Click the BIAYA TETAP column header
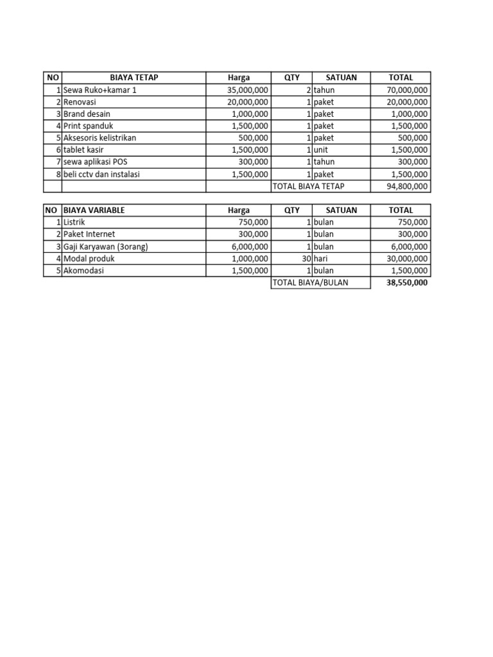click(x=134, y=78)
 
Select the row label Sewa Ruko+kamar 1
click(x=99, y=90)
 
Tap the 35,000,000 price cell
click(x=248, y=90)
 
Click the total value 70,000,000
click(x=407, y=90)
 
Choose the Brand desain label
click(x=87, y=114)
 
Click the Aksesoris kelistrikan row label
click(x=99, y=138)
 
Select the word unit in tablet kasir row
click(x=321, y=150)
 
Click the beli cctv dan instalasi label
click(x=101, y=174)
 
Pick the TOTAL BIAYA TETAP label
click(x=309, y=186)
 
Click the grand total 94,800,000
click(x=407, y=186)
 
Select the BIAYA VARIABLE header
click(x=94, y=210)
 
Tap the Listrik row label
click(x=74, y=222)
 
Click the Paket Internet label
click(x=89, y=234)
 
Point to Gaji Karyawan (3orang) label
click(x=105, y=246)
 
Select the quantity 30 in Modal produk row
click(x=307, y=259)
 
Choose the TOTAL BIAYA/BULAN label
click(x=311, y=282)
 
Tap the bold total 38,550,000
click(x=407, y=282)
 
